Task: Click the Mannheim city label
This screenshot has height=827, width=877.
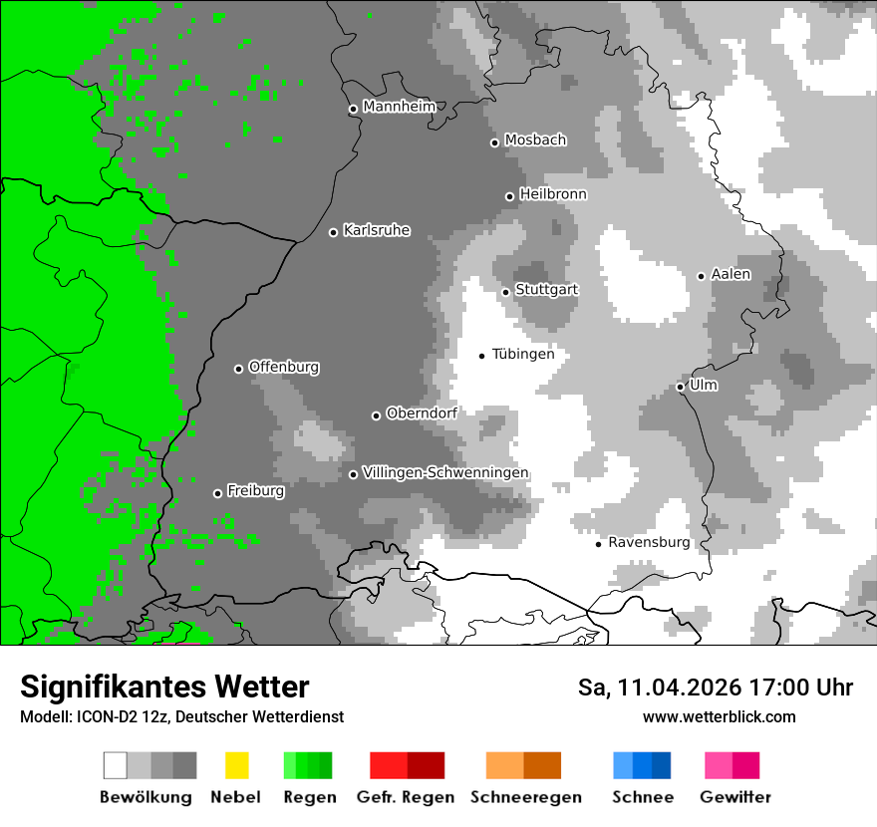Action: [x=399, y=107]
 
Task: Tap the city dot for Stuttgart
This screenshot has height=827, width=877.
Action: [x=505, y=292]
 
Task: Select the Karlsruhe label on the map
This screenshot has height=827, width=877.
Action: [x=376, y=230]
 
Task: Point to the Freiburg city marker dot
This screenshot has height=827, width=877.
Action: [x=217, y=493]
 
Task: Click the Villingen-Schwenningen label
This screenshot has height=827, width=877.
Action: [x=445, y=472]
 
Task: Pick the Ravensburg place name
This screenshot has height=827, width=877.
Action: [x=649, y=542]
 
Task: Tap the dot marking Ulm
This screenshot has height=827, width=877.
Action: [x=680, y=387]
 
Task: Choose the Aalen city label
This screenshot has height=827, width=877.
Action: [x=731, y=274]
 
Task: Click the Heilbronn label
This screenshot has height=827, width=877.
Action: [x=553, y=194]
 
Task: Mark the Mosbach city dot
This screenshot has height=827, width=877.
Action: [x=494, y=142]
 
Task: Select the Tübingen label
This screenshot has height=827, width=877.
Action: [x=523, y=354]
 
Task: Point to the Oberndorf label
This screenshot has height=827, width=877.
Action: [x=421, y=413]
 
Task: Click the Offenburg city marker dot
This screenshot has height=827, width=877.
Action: [x=238, y=369]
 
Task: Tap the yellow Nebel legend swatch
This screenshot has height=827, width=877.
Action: [x=236, y=765]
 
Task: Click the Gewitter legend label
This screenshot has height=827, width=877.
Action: [x=735, y=797]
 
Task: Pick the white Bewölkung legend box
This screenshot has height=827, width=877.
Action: [x=116, y=765]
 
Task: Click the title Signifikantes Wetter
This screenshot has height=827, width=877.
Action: [x=164, y=687]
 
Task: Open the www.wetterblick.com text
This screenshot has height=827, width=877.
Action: [x=719, y=716]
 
